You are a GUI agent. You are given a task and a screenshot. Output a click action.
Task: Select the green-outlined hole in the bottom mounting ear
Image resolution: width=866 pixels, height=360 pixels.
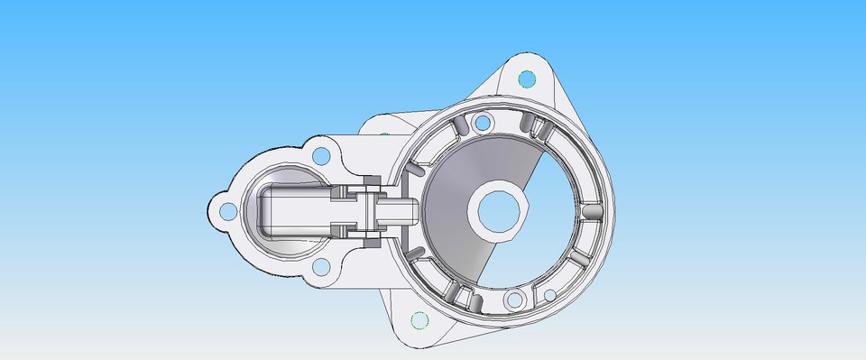click(x=418, y=319)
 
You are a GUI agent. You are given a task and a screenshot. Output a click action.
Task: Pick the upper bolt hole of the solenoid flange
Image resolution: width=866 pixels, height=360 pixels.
click(x=320, y=155)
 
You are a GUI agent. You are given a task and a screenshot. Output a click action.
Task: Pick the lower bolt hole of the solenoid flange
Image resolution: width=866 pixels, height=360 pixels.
click(x=320, y=267)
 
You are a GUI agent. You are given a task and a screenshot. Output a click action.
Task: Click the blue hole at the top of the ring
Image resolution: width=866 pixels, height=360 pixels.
click(x=483, y=122)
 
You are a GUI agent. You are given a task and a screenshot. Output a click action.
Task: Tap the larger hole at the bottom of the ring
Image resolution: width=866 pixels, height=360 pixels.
click(x=514, y=300)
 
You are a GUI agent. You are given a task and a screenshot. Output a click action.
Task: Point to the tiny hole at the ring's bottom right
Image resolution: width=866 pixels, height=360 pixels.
click(x=549, y=295)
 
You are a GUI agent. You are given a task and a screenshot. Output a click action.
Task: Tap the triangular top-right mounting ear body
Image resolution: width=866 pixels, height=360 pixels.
click(x=541, y=90)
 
